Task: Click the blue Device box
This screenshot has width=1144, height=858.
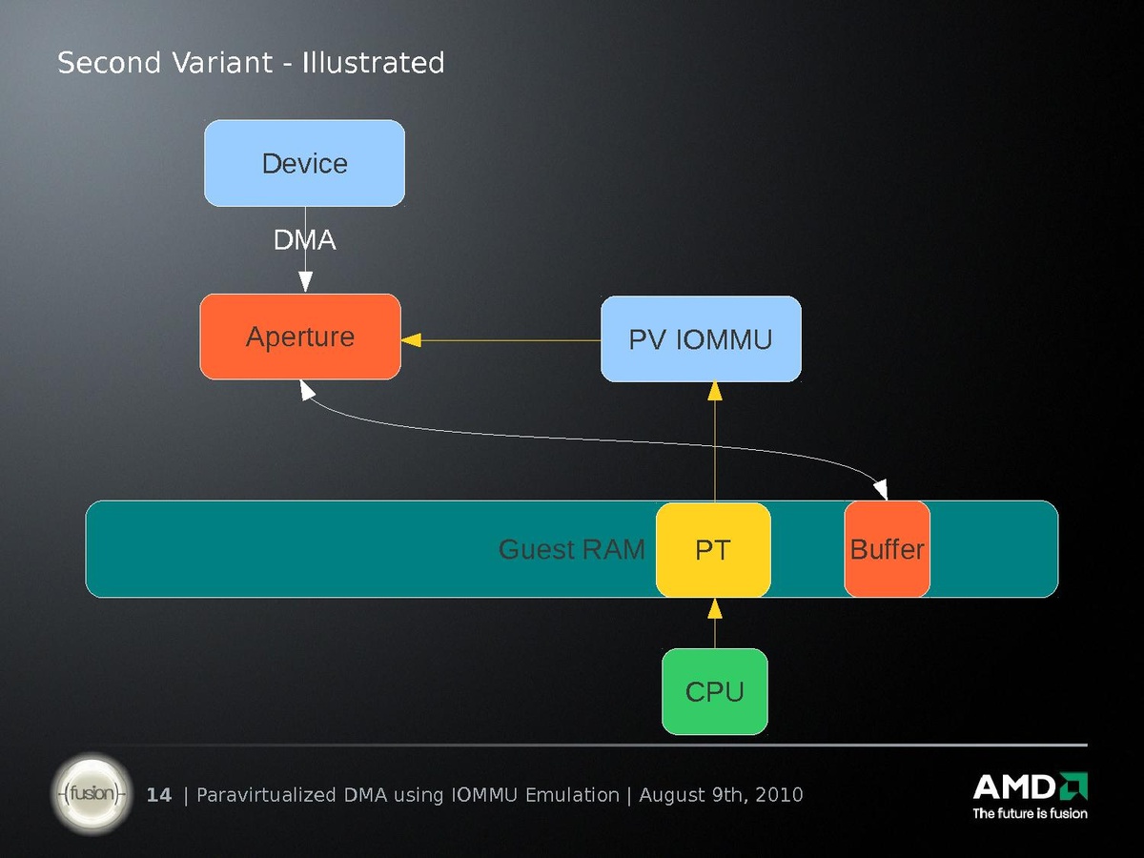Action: click(304, 163)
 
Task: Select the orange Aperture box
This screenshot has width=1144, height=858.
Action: click(300, 337)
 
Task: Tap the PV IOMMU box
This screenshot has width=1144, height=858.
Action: click(701, 339)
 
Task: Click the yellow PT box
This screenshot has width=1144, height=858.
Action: click(713, 550)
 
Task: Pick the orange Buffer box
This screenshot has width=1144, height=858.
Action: click(887, 550)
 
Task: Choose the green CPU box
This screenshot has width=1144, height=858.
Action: click(714, 692)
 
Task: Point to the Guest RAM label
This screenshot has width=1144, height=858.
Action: click(572, 550)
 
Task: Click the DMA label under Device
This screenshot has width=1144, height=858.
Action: click(305, 241)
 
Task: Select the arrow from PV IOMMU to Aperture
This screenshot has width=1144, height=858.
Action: click(505, 339)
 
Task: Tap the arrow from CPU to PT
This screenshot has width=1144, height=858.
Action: click(714, 624)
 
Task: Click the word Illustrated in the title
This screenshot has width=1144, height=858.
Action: click(374, 63)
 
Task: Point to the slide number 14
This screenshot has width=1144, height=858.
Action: click(159, 795)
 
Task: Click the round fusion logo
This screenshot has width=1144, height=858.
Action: click(91, 793)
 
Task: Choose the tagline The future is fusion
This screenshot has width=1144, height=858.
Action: click(1030, 813)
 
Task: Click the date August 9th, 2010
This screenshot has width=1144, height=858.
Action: click(721, 795)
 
